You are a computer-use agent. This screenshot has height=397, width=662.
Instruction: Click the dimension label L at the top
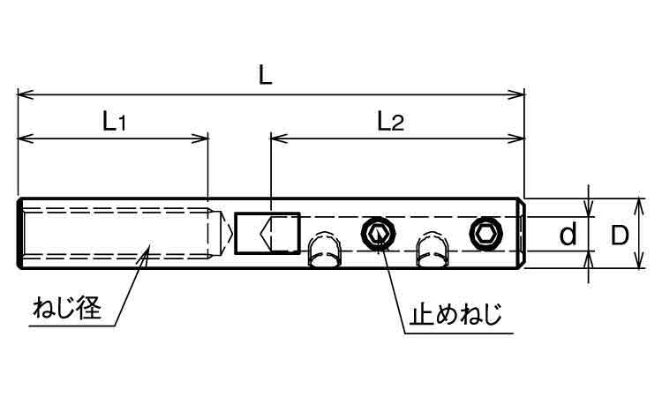266,76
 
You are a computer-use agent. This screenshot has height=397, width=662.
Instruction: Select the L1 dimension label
115,122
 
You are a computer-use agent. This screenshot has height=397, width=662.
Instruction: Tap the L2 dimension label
390,121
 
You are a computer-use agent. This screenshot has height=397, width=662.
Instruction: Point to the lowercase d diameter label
568,235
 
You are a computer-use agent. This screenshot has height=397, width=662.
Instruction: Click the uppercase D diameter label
620,236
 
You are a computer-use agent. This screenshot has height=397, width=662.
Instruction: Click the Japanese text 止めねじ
455,314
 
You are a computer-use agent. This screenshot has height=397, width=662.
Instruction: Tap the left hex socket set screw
379,233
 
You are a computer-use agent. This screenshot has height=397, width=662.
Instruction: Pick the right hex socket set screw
486,232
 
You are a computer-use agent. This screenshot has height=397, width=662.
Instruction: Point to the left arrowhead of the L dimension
26,94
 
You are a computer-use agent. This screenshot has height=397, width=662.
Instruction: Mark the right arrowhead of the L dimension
516,94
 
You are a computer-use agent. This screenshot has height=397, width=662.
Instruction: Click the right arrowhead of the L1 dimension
200,138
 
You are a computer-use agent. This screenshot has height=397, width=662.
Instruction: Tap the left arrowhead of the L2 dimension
279,138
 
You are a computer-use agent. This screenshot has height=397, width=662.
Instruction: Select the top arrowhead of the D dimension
640,206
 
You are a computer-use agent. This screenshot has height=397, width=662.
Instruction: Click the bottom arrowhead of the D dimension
640,260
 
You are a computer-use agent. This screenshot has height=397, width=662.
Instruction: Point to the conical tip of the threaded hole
225,233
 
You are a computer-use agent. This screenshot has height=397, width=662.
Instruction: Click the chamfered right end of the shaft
523,233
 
